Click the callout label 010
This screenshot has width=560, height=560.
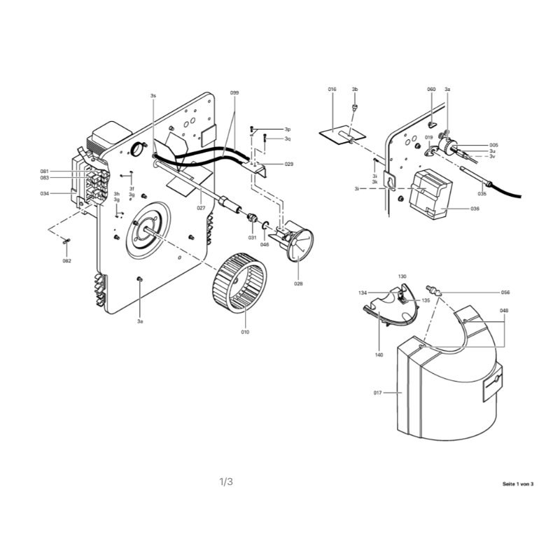pos(245,332)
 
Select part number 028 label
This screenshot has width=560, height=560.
pos(298,284)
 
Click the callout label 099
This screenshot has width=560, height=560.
pos(234,93)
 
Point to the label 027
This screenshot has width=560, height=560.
pos(201,208)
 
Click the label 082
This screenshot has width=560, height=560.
pos(66,261)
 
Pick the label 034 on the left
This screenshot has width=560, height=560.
pos(44,194)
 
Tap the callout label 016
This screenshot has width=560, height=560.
pos(332,90)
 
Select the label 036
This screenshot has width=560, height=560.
pos(475,209)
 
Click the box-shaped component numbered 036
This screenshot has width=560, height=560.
pos(430,194)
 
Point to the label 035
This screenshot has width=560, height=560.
pos(482,194)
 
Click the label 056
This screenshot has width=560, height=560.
pos(505,293)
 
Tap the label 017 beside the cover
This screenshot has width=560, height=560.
pos(377,393)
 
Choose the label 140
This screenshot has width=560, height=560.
pos(379,355)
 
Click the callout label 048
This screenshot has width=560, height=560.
pos(504,311)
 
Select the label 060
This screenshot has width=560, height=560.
pos(431,90)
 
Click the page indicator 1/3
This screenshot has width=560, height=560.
pos(226,482)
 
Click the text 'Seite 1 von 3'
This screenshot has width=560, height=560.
pos(518,484)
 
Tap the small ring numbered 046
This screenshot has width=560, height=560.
pos(265,225)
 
